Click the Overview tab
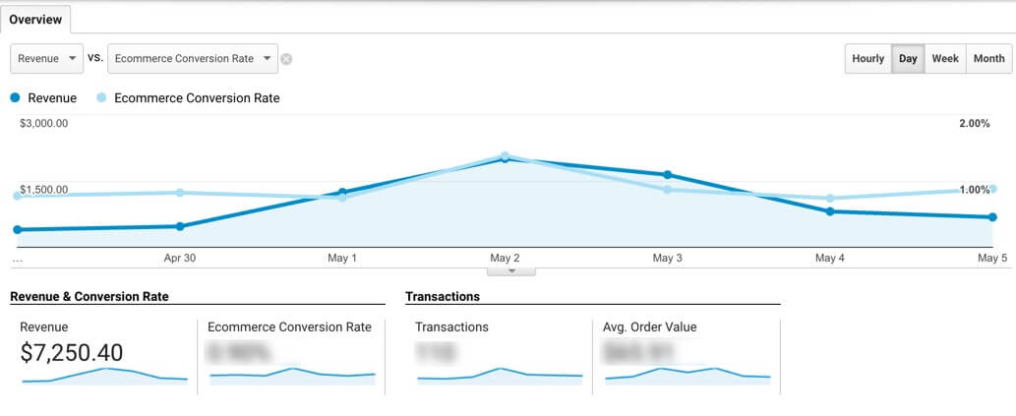(x=35, y=20)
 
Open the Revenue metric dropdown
(x=46, y=59)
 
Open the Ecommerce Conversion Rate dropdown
(x=192, y=59)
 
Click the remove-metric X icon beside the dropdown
(x=286, y=59)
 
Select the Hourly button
(x=867, y=59)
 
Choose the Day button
(x=908, y=59)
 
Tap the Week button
(x=945, y=59)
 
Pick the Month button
(x=988, y=59)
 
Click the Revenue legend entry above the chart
(x=43, y=98)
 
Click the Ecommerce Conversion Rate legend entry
(x=188, y=98)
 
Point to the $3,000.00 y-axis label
(x=43, y=124)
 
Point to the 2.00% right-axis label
(x=975, y=124)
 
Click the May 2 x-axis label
(x=505, y=259)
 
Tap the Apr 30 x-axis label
(x=179, y=259)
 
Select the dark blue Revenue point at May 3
(x=668, y=175)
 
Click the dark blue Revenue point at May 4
(x=830, y=211)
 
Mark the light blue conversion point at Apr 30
(x=179, y=193)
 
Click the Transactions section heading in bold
(x=443, y=296)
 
